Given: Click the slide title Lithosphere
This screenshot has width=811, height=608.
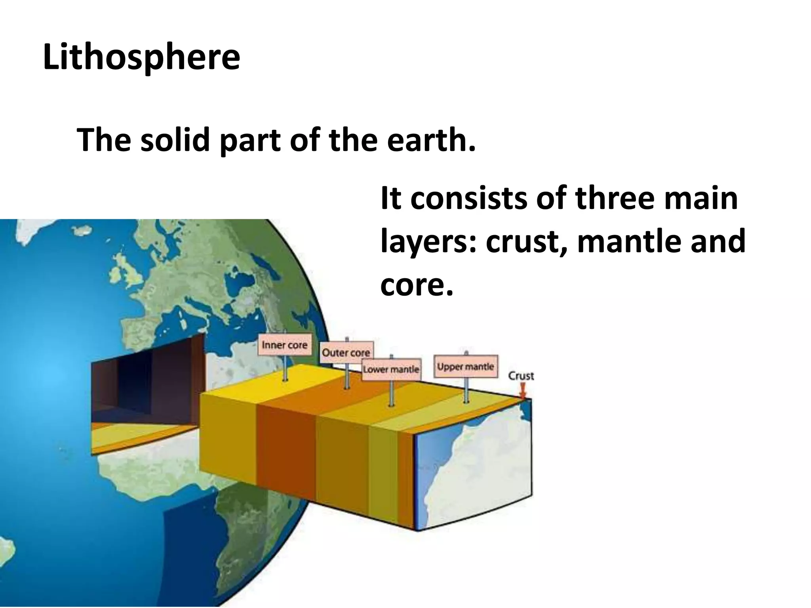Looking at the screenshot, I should click(141, 58).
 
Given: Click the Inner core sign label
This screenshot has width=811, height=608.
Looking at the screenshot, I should click(284, 345).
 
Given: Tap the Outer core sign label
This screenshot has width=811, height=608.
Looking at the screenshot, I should click(346, 352).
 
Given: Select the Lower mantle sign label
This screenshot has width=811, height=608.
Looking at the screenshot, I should click(391, 369).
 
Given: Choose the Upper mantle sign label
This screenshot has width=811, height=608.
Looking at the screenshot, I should click(465, 367).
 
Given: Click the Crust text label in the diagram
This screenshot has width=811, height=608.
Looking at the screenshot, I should click(521, 376).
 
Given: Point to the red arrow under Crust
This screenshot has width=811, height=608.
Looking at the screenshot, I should click(523, 393).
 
